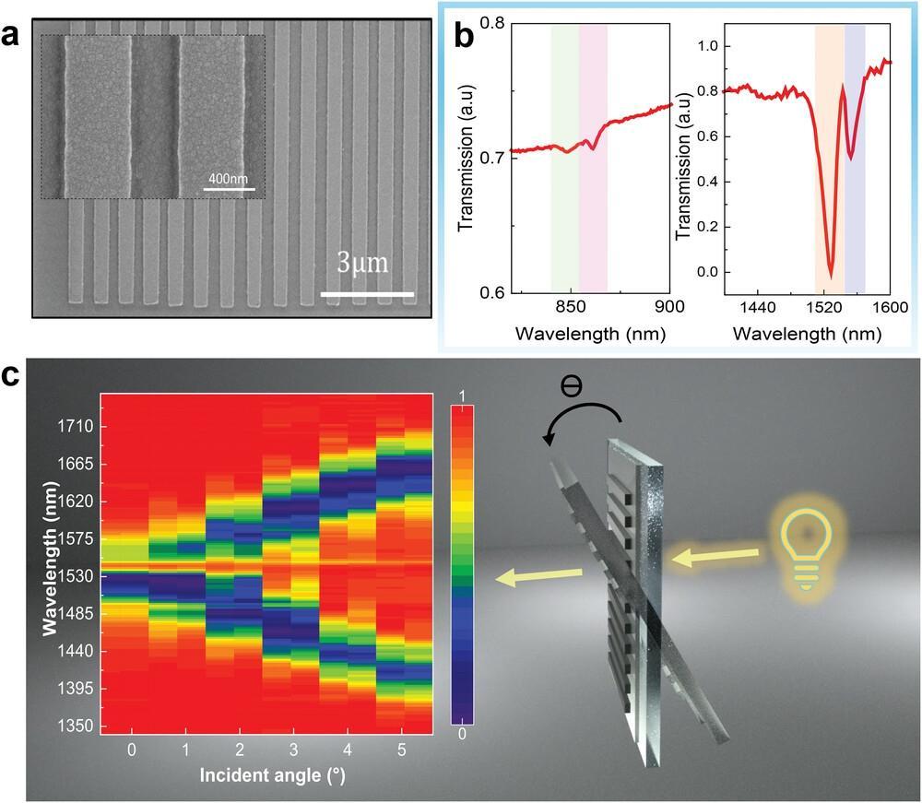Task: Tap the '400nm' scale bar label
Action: pyautogui.click(x=228, y=178)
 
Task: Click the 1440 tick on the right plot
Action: pyautogui.click(x=756, y=307)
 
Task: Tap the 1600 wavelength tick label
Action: pyautogui.click(x=888, y=307)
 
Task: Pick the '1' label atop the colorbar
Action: pyautogui.click(x=463, y=396)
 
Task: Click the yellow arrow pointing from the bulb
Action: pyautogui.click(x=716, y=557)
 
